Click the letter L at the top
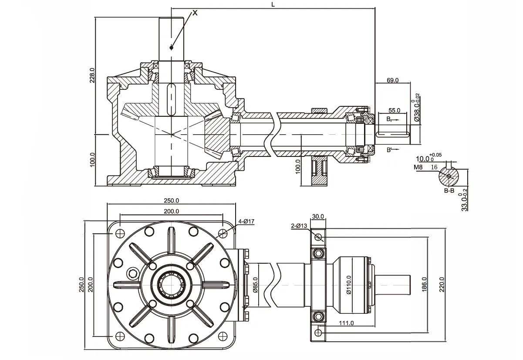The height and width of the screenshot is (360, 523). coord(273,4)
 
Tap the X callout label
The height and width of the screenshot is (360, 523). coord(195,13)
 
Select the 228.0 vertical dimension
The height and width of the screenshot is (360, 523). coord(92,75)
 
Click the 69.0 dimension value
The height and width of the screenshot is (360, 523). coord(393,81)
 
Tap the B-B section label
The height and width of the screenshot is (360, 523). coord(449,190)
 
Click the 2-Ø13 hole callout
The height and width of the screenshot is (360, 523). coord(299,226)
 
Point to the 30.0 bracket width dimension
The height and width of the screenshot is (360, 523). coord(318,217)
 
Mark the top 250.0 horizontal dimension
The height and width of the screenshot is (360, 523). coord(172,201)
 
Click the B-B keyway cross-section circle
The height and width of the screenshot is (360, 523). coord(449,176)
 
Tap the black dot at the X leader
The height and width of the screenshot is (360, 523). coord(172,47)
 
